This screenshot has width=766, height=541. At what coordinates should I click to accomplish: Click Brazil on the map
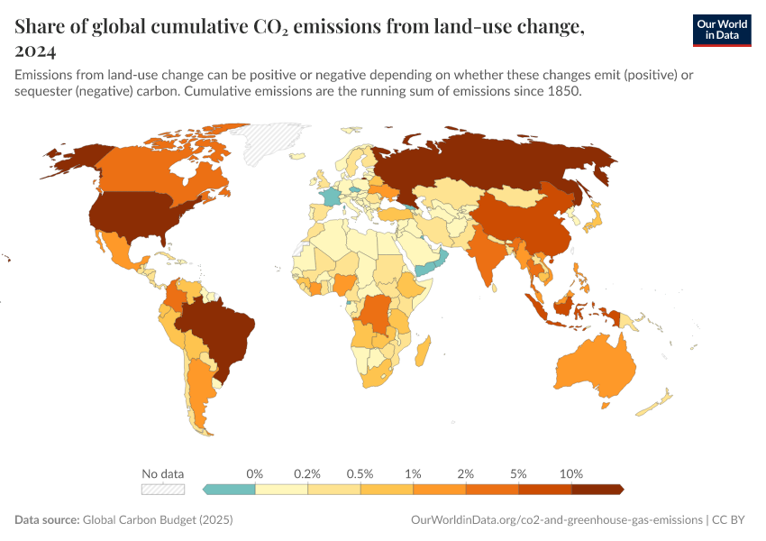click(220, 330)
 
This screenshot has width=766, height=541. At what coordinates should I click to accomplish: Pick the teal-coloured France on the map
click(332, 196)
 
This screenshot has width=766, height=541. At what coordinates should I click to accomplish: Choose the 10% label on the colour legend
click(571, 473)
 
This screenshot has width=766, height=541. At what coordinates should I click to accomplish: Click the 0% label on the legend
click(255, 473)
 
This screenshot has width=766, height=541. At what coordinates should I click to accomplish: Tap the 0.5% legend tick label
click(360, 473)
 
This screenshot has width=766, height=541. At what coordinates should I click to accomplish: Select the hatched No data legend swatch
click(162, 489)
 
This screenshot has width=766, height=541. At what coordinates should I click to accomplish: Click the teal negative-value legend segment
click(231, 489)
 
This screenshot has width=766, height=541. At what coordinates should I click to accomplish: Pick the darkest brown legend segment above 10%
click(597, 489)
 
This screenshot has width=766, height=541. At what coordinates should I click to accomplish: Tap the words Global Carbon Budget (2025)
click(158, 520)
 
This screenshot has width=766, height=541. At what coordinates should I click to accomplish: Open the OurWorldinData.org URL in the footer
click(556, 520)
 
